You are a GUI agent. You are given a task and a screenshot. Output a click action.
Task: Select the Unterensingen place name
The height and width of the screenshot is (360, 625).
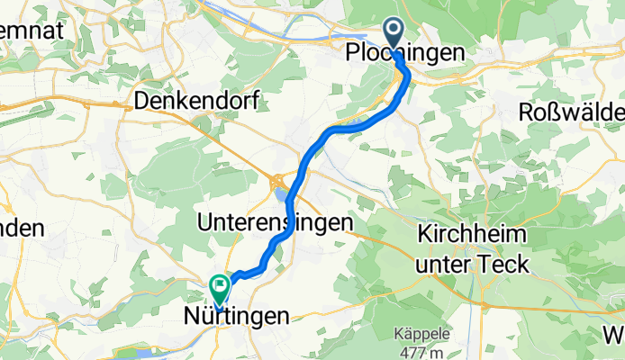[269, 222]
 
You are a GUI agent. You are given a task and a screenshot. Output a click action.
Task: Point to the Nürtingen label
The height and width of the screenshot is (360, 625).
[237, 316]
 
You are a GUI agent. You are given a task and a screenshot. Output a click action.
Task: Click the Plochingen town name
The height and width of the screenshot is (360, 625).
[406, 54]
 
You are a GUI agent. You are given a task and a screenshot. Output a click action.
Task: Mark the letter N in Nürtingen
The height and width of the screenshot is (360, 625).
[191, 316]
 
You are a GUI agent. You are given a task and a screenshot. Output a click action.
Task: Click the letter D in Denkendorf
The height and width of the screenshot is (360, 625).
[140, 101]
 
